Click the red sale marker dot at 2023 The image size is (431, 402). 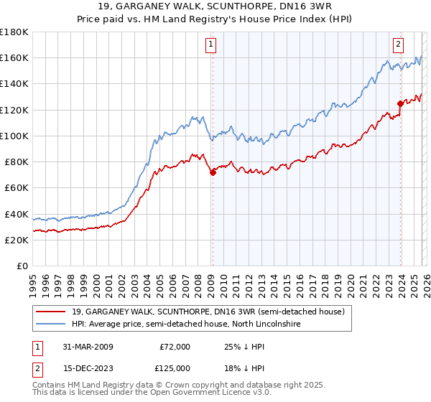400,103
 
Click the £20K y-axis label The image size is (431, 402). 17,240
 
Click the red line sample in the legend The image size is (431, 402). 51,312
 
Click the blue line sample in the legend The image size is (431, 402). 51,324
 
